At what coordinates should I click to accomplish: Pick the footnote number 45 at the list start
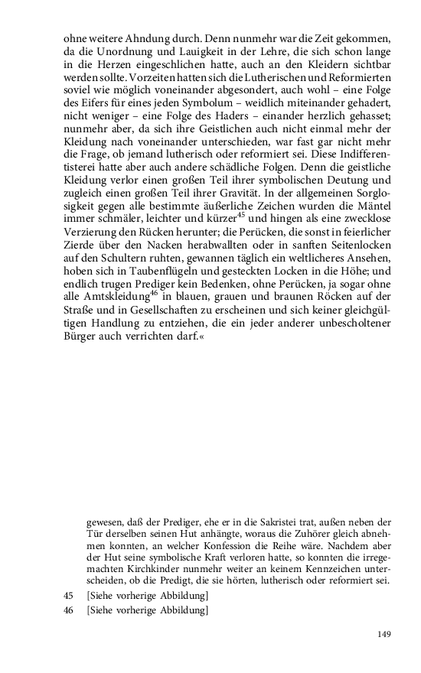tap(70, 597)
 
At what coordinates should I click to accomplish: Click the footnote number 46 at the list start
tap(70, 610)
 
